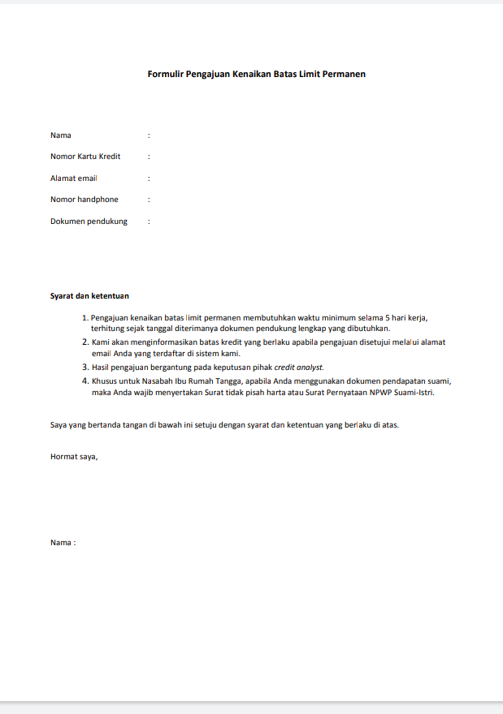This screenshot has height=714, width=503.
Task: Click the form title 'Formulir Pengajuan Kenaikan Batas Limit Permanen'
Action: click(256, 74)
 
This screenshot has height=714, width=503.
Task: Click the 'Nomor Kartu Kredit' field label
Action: click(85, 157)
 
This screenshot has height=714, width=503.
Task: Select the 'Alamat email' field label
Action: click(74, 178)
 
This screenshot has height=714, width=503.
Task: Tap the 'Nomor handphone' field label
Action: click(85, 200)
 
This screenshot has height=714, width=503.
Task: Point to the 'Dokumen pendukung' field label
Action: click(89, 221)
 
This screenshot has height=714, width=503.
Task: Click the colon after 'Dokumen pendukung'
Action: click(149, 221)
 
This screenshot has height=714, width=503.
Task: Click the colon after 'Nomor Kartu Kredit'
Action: click(149, 157)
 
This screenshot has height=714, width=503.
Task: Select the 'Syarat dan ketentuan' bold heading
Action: click(89, 296)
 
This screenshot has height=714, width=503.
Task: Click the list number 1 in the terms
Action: click(85, 317)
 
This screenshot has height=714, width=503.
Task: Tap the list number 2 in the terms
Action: click(85, 342)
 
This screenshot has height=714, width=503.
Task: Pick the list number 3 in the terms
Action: click(85, 368)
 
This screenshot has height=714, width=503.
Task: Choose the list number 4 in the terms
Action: click(85, 381)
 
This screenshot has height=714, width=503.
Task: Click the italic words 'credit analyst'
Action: click(298, 368)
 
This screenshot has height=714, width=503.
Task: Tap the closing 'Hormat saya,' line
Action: click(74, 456)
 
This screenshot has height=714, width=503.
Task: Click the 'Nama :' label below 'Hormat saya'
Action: click(63, 542)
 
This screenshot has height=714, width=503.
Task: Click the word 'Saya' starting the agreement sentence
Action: click(59, 424)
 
